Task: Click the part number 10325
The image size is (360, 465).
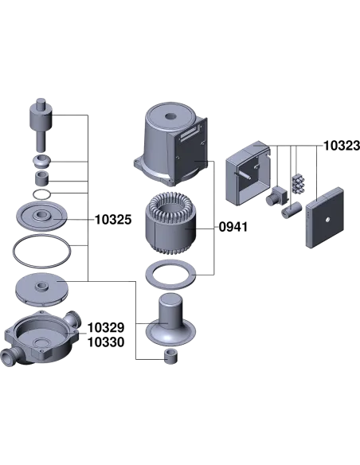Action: click(x=113, y=220)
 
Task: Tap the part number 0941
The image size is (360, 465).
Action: click(x=233, y=227)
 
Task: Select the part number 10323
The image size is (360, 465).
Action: click(x=342, y=146)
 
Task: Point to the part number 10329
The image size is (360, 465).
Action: click(x=106, y=328)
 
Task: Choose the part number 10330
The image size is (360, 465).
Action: click(x=106, y=342)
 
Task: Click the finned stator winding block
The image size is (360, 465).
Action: click(x=170, y=222)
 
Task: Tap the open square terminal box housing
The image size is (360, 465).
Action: click(x=248, y=174)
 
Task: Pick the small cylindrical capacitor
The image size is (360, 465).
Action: click(x=292, y=209)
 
